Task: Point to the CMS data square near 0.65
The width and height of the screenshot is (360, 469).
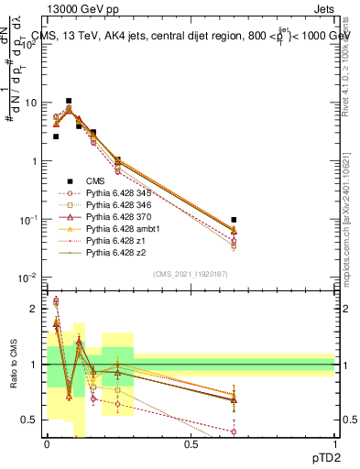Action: point(235,220)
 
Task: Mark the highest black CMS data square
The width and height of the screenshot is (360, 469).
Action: point(68,101)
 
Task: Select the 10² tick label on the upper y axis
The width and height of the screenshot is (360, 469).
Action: point(29,44)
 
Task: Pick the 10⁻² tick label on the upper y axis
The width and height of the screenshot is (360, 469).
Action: point(29,278)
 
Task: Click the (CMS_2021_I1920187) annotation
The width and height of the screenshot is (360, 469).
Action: point(191,272)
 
